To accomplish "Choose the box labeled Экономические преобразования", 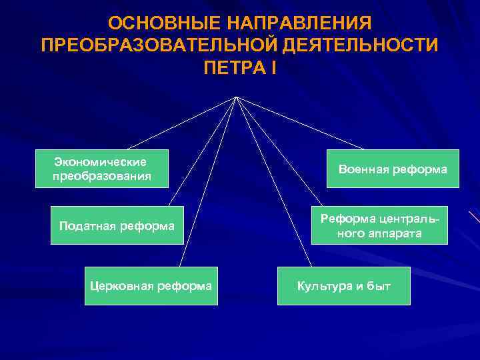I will pyautogui.click(x=101, y=169).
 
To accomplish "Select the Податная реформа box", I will pyautogui.click(x=117, y=226).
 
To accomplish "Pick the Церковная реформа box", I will pyautogui.click(x=151, y=286).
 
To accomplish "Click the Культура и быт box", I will pyautogui.click(x=343, y=286).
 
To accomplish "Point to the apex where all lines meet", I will pyautogui.click(x=237, y=97).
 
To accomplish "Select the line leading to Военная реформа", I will pyautogui.click(x=300, y=123).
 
